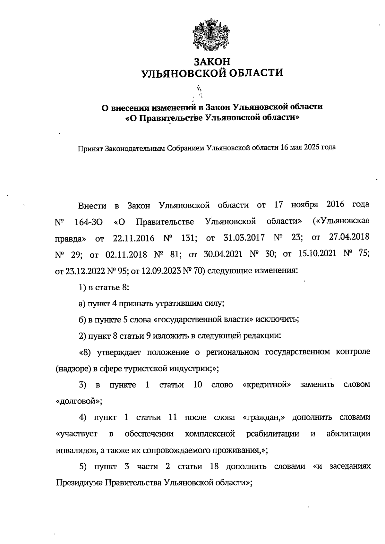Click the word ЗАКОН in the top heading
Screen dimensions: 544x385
[212, 61]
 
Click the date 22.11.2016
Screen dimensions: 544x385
[133, 238]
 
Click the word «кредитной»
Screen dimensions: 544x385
[267, 385]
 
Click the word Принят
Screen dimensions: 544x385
[90, 149]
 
